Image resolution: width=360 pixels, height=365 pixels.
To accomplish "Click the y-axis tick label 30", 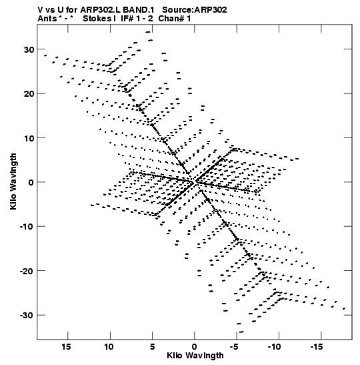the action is [29, 49].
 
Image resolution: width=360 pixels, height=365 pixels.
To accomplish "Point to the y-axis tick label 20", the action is [29, 93].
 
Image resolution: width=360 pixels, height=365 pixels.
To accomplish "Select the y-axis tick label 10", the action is [29, 138].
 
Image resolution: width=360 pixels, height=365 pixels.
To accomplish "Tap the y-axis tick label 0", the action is [31, 182].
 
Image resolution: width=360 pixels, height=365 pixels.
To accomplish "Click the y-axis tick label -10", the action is [27, 226].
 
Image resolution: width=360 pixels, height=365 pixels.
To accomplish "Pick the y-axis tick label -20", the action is [27, 271].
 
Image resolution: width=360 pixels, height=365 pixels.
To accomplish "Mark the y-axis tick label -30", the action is [27, 315].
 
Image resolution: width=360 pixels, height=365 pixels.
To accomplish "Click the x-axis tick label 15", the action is [66, 347].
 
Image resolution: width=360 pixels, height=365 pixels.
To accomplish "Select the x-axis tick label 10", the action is [109, 347].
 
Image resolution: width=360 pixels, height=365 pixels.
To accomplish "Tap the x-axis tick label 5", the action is [152, 347].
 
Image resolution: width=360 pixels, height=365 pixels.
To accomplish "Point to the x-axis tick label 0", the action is [195, 347].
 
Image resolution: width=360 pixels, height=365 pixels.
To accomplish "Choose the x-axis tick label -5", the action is [234, 347].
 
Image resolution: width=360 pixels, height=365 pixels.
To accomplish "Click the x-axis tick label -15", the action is [317, 347].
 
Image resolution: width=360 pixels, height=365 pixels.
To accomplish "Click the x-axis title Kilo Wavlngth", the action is [195, 356].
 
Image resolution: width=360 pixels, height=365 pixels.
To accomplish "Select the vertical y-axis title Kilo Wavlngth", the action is [13, 181].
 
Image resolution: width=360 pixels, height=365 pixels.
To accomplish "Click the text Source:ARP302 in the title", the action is [195, 10].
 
